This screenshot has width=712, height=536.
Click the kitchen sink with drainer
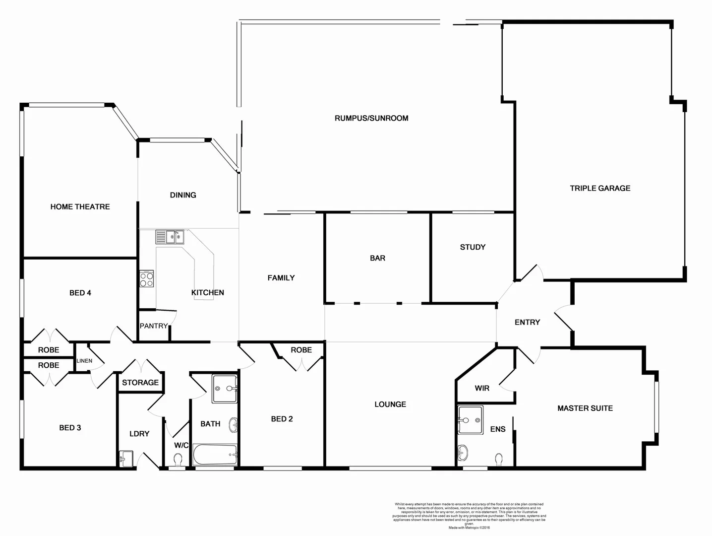pos(170,237)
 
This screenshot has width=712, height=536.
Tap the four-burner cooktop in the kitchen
pos(146,279)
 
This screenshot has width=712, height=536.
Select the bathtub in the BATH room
pos(215,454)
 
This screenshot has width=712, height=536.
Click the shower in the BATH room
pos(225,389)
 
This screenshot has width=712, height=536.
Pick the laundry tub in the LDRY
pos(126,458)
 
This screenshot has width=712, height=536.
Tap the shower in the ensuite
pos(470,420)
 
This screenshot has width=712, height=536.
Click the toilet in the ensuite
pos(498,459)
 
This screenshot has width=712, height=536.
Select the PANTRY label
pos(153,326)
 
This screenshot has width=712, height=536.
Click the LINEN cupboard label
pos(84,361)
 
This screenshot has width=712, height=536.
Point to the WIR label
pos(482,388)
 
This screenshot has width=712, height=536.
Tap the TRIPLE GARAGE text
pos(600,188)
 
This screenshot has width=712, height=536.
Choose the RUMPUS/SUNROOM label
pos(371,118)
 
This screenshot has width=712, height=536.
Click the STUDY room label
pos(473,247)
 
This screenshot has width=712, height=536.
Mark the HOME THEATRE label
pos(80,206)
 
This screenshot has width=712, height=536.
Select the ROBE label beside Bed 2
pos(301,350)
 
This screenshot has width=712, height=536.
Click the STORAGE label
pos(140,383)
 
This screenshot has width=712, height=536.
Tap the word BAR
pos(377,258)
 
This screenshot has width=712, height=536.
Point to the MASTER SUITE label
pos(585,408)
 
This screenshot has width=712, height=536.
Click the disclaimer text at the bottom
pos(469,516)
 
